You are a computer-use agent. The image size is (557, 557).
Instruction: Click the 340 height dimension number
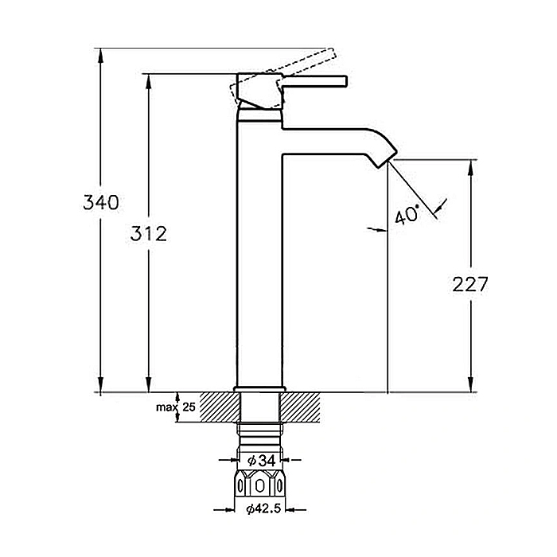101,202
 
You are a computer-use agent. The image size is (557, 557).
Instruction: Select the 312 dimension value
149,234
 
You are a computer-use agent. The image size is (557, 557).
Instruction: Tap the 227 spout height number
470,284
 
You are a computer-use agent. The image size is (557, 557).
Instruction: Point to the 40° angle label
407,216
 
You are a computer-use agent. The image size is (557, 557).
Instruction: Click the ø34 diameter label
262,461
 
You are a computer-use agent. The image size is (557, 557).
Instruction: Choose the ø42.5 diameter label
263,509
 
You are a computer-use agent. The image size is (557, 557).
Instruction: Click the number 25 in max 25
189,407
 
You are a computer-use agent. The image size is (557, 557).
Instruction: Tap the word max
166,407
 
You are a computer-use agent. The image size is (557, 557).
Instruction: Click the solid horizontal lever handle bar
314,81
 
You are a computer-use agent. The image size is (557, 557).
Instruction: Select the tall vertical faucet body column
259,248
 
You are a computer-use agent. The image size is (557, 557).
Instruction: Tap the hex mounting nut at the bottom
260,485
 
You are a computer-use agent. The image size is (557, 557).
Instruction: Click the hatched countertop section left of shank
220,407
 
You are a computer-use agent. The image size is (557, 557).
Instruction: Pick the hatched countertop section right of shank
299,407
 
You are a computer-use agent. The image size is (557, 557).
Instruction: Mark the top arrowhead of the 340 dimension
101,55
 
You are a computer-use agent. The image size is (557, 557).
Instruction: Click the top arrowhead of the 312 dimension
149,81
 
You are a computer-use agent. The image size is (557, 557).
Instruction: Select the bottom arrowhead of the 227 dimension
471,384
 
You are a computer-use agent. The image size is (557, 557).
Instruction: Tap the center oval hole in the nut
260,485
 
